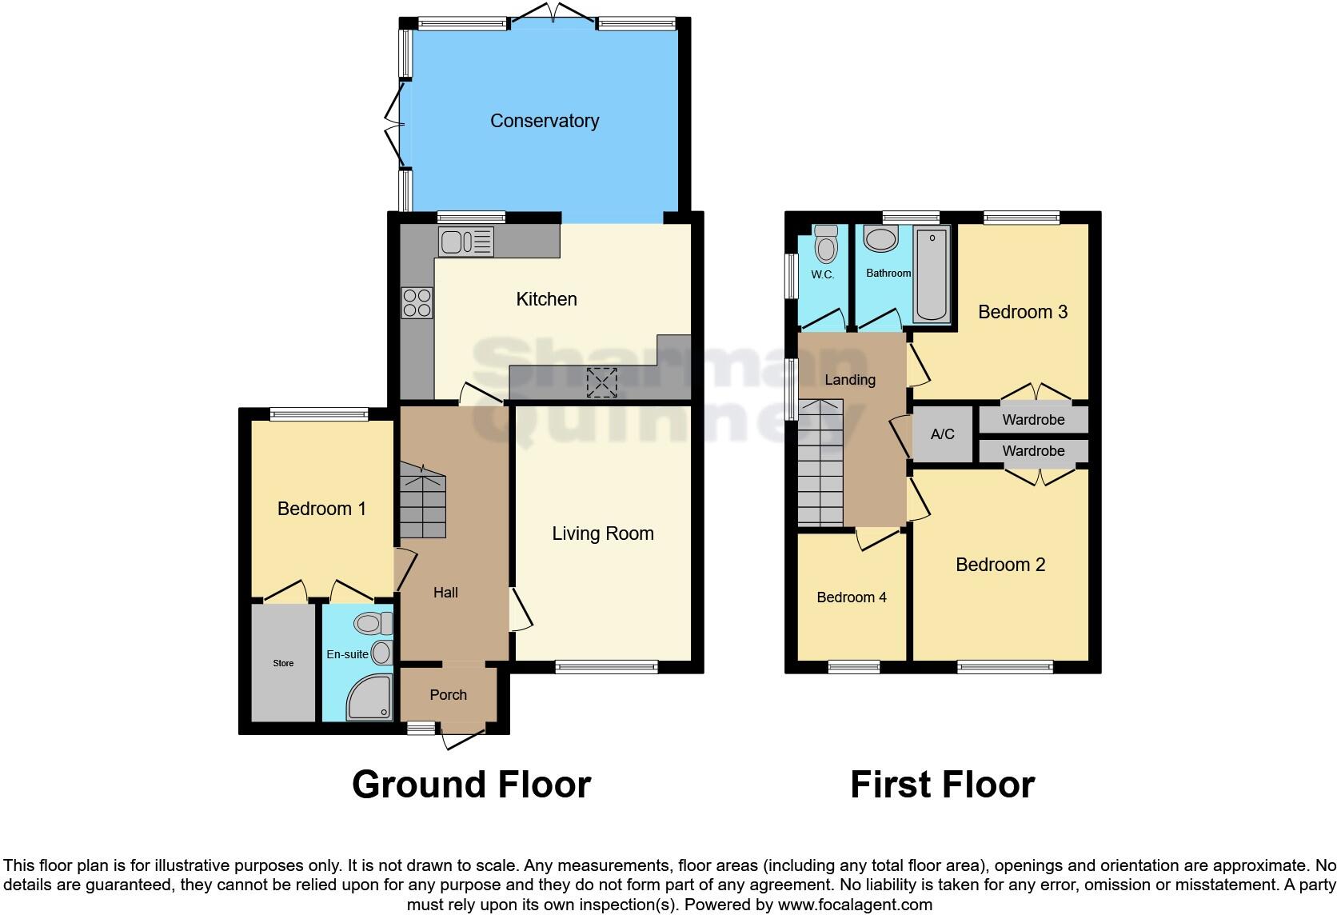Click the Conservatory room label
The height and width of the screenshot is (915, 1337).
pos(545,121)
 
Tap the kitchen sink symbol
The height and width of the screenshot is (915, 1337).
pos(465,242)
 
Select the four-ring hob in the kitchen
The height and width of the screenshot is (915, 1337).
pos(417,303)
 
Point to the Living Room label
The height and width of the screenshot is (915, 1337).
pos(603,533)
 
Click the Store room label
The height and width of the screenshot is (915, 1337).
pos(283,663)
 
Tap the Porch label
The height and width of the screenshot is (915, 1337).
pos(448,694)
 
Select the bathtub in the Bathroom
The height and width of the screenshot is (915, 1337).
pos(932,274)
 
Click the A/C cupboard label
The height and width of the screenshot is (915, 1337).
pos(942,434)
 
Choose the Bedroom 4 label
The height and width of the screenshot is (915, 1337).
pos(852,597)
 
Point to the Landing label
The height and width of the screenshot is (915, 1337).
pos(850,380)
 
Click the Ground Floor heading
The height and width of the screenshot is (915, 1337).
pos(471,784)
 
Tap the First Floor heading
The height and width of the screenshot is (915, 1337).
pos(942,784)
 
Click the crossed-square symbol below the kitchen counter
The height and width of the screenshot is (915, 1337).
pos(602,382)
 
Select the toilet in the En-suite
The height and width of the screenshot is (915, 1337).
pos(373,622)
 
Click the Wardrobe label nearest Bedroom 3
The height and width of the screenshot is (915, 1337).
pos(1033,419)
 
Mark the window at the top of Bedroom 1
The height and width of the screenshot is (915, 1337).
pos(319,414)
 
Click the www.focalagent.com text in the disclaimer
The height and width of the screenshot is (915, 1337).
pos(855,905)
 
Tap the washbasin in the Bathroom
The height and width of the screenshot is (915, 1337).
pos(882,239)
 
